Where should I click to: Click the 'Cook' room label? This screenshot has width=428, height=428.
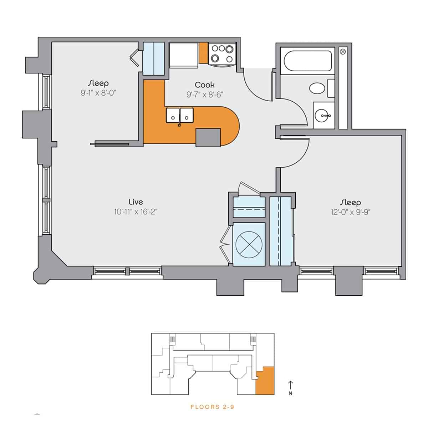(x=205, y=85)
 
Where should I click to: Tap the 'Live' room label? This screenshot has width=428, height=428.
(x=136, y=202)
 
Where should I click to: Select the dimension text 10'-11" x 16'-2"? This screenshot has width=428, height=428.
(x=136, y=212)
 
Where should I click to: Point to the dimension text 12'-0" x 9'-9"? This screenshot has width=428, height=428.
(x=351, y=212)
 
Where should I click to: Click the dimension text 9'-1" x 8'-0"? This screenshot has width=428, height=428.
(x=99, y=93)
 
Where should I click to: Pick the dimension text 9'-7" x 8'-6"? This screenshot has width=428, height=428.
(x=205, y=95)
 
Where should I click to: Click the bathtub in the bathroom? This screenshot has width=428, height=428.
(x=306, y=61)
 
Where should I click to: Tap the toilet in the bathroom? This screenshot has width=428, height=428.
(x=317, y=88)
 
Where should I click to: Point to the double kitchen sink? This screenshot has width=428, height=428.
(x=180, y=115)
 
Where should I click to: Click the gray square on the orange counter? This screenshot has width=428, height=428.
(x=208, y=137)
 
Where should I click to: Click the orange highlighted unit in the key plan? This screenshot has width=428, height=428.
(x=266, y=381)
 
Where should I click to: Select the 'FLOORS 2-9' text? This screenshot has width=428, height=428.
(x=212, y=407)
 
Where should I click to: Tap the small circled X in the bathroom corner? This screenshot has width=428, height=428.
(x=343, y=52)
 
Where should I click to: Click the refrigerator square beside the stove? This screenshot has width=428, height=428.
(x=184, y=55)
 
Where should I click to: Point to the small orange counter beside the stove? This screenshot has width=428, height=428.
(x=204, y=53)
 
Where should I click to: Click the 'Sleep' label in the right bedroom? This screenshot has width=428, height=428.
(x=351, y=203)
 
